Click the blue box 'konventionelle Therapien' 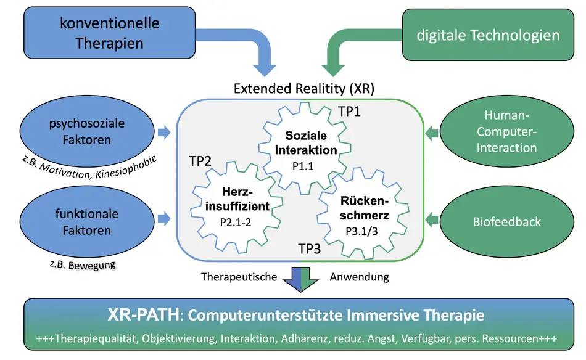109,33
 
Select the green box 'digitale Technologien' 487,35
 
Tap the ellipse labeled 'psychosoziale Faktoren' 86,131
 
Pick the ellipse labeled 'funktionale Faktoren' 86,222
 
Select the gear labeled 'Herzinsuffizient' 237,203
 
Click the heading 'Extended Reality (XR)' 303,88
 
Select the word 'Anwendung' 359,277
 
